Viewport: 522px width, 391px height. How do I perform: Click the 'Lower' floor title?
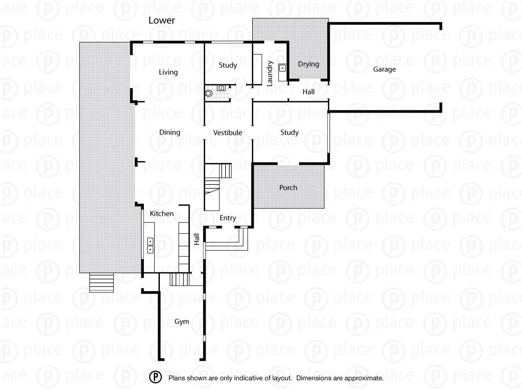tap(161, 20)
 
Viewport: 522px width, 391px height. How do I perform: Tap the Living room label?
tap(168, 72)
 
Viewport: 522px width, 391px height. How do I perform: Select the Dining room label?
tap(169, 132)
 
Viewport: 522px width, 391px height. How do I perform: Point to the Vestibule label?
tap(227, 133)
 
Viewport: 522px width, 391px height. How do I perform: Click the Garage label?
tap(384, 69)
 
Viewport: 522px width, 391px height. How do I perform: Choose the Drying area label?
tap(308, 64)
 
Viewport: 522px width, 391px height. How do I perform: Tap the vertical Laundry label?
tap(270, 73)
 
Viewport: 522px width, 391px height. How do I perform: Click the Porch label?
tap(288, 187)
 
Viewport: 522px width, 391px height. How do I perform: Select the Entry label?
tap(228, 218)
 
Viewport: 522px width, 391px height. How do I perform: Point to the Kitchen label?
tap(162, 213)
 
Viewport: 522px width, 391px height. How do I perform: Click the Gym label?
tap(182, 321)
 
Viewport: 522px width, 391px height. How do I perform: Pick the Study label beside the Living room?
tap(228, 65)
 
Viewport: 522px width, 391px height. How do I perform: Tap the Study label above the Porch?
tap(289, 132)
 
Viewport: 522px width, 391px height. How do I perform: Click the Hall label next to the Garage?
tap(308, 92)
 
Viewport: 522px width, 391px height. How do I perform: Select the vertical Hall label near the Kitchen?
tap(197, 239)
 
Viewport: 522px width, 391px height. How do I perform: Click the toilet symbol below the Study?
tap(209, 93)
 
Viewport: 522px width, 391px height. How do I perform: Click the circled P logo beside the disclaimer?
tap(156, 377)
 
